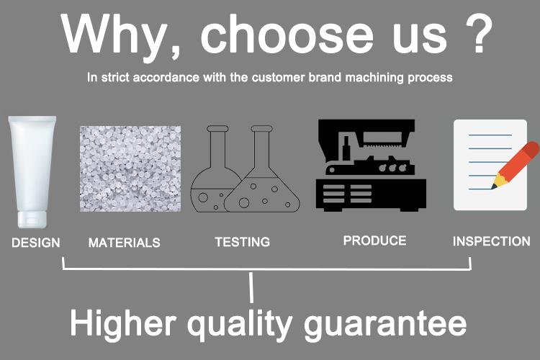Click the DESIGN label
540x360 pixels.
coord(36,243)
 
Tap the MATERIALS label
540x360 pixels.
coord(125,243)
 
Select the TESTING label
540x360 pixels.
coord(243,242)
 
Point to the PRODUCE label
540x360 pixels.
coord(374,240)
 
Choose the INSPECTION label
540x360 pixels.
coord(492,241)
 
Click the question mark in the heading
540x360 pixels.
coord(479,34)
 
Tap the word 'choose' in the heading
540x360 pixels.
coord(287,35)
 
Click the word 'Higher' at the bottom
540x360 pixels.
coord(123,323)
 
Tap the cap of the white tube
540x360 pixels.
coord(32,220)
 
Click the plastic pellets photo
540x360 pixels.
coord(130,168)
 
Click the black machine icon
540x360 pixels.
coord(371,166)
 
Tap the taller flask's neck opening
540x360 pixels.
coord(262,129)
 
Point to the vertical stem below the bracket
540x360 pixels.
coord(251,287)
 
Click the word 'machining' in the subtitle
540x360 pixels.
coord(374,78)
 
